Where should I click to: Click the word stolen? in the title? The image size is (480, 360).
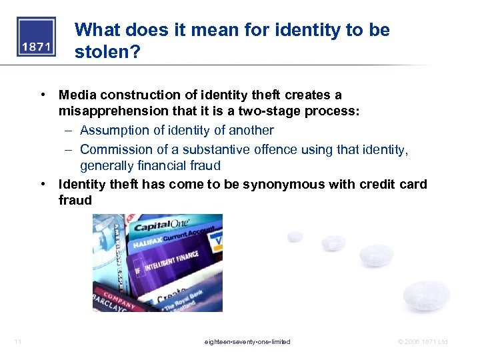[x=108, y=51]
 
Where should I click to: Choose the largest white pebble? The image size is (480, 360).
[x=427, y=295]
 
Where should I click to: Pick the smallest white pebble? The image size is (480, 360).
[x=294, y=237]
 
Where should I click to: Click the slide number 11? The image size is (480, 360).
[x=18, y=342]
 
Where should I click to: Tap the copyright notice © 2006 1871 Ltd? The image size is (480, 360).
[x=422, y=342]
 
